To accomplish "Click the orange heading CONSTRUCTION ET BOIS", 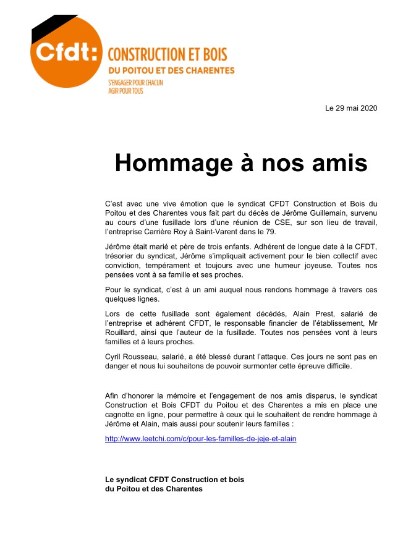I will point(163,54).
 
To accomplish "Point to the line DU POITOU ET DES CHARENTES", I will point(171,70).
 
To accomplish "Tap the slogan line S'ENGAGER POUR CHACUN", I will point(135,83).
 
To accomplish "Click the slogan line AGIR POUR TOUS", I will point(125,91).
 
